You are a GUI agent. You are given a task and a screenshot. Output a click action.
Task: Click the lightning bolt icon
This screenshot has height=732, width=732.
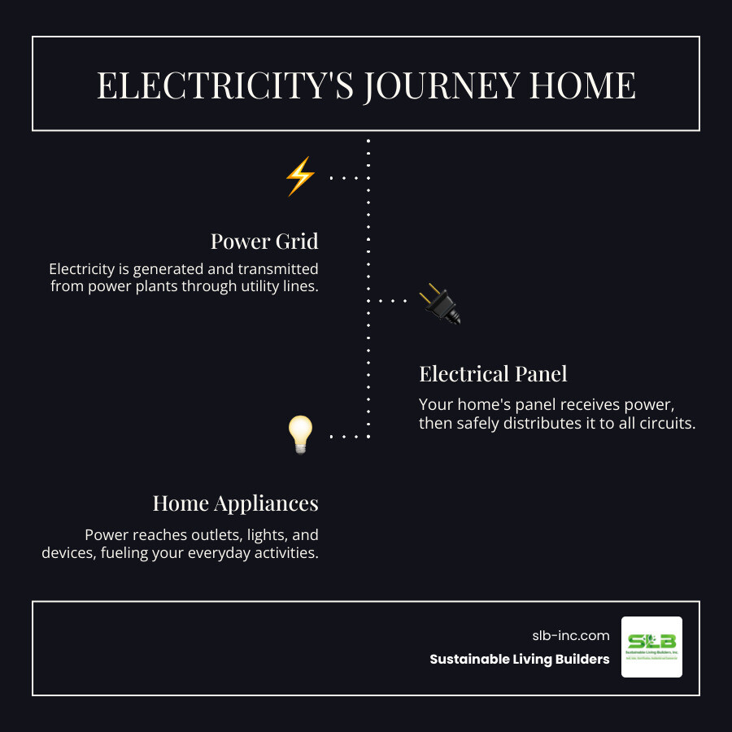click(299, 176)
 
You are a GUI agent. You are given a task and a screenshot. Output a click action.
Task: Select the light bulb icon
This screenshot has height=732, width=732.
click(300, 435)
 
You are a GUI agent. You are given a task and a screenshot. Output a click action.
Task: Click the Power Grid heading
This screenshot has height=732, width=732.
click(264, 242)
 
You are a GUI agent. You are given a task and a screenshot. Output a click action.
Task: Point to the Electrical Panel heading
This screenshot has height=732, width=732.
click(493, 374)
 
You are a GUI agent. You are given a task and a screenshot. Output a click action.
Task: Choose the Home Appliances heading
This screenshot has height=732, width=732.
click(235, 503)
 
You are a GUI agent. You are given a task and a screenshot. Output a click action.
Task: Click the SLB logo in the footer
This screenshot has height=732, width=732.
click(651, 647)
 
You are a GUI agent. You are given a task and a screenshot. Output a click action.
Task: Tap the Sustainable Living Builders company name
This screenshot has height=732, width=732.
click(520, 660)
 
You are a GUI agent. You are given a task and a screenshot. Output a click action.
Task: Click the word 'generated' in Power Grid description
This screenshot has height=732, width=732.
click(163, 269)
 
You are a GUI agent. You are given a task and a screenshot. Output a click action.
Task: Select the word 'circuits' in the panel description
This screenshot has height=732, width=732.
click(666, 423)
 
